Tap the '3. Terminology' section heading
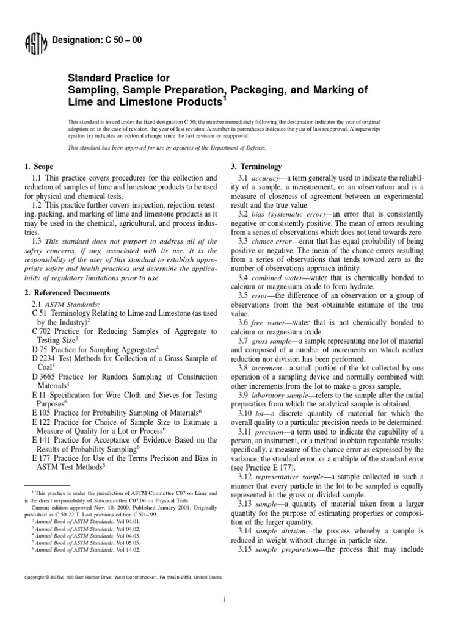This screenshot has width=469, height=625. [x=256, y=167]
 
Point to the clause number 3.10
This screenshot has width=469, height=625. [x=245, y=409]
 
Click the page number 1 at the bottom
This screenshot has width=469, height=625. [x=225, y=600]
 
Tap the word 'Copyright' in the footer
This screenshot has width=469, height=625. [x=34, y=576]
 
